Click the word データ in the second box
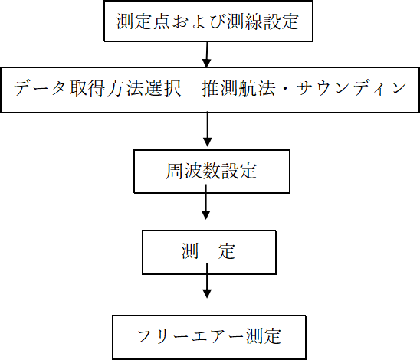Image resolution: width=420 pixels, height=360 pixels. tap(40, 88)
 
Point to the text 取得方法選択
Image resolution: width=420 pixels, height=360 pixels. tap(126, 88)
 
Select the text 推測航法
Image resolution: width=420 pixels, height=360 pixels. tap(238, 88)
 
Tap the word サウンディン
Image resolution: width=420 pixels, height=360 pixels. tap(351, 88)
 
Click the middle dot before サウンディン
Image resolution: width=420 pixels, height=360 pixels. tap(286, 88)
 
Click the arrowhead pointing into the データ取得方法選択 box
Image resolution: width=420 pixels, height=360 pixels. tap(206, 63)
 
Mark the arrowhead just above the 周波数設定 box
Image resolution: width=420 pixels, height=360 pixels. tap(208, 142)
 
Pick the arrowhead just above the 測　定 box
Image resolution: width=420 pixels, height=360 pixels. tap(205, 215)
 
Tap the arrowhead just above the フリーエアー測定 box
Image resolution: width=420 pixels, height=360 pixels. tap(207, 293)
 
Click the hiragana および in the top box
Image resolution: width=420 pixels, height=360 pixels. tap(199, 21)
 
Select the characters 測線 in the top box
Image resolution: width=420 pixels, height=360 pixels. tap(244, 21)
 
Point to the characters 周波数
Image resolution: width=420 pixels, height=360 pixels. tap(193, 171)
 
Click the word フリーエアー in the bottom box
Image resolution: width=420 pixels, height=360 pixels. tap(192, 336)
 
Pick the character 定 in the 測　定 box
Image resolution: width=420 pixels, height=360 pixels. tap(227, 251)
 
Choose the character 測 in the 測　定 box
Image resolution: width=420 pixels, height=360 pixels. tap(190, 251)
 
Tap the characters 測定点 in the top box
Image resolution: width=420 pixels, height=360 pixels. tap(143, 21)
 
